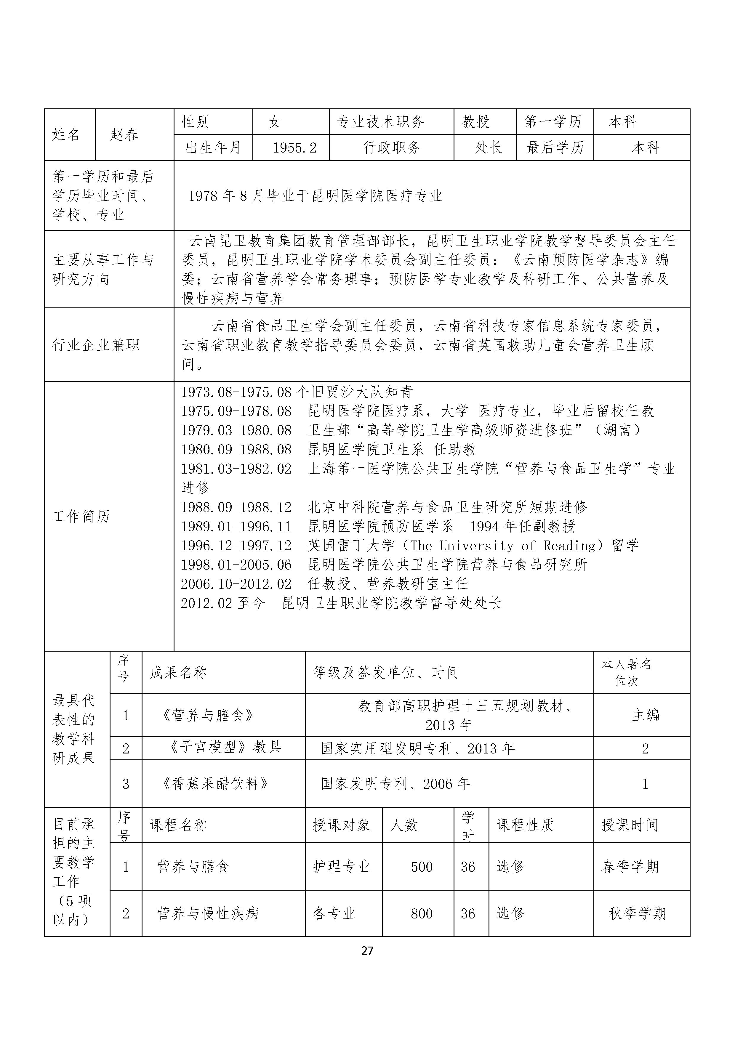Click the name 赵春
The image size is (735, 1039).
(x=124, y=134)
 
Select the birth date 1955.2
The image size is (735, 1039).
(x=294, y=147)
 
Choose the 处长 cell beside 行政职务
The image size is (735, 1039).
(x=488, y=147)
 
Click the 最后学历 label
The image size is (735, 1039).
(x=555, y=147)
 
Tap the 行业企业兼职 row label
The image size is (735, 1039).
(x=96, y=345)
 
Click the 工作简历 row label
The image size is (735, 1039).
(x=81, y=516)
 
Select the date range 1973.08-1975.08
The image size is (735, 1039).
(x=236, y=392)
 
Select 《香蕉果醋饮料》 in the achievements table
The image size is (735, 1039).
(x=215, y=784)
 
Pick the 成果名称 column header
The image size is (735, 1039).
(x=178, y=672)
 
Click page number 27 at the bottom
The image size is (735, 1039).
(x=367, y=951)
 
